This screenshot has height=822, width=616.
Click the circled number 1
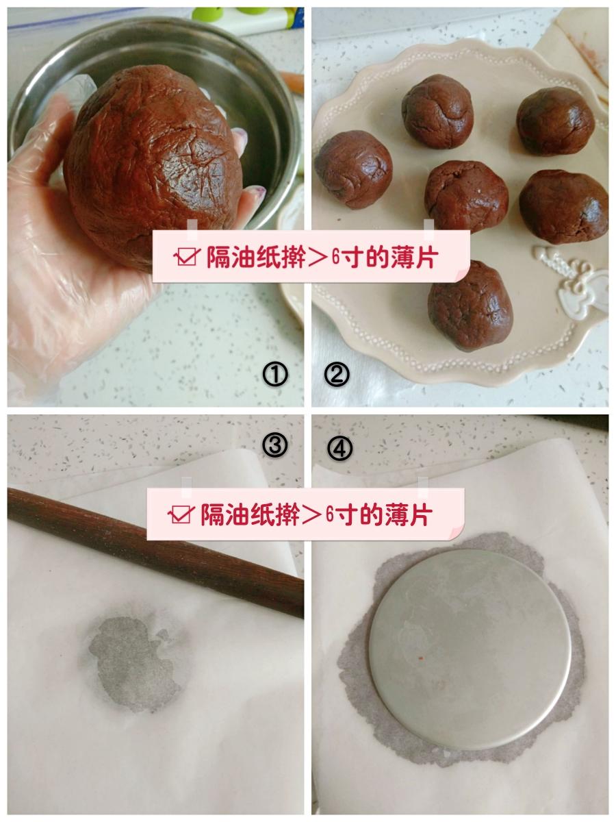pyautogui.click(x=275, y=375)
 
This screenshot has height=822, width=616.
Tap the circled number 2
pyautogui.click(x=337, y=375)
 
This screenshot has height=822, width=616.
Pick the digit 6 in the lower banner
pyautogui.click(x=330, y=514)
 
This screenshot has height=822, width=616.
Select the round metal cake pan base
pyautogui.click(x=470, y=644)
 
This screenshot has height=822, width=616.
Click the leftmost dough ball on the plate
pyautogui.click(x=354, y=169)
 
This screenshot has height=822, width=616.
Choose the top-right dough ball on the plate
pyautogui.click(x=555, y=121)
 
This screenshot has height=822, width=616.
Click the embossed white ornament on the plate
pyautogui.click(x=570, y=277)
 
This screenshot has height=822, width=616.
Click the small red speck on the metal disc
pyautogui.click(x=420, y=658)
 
